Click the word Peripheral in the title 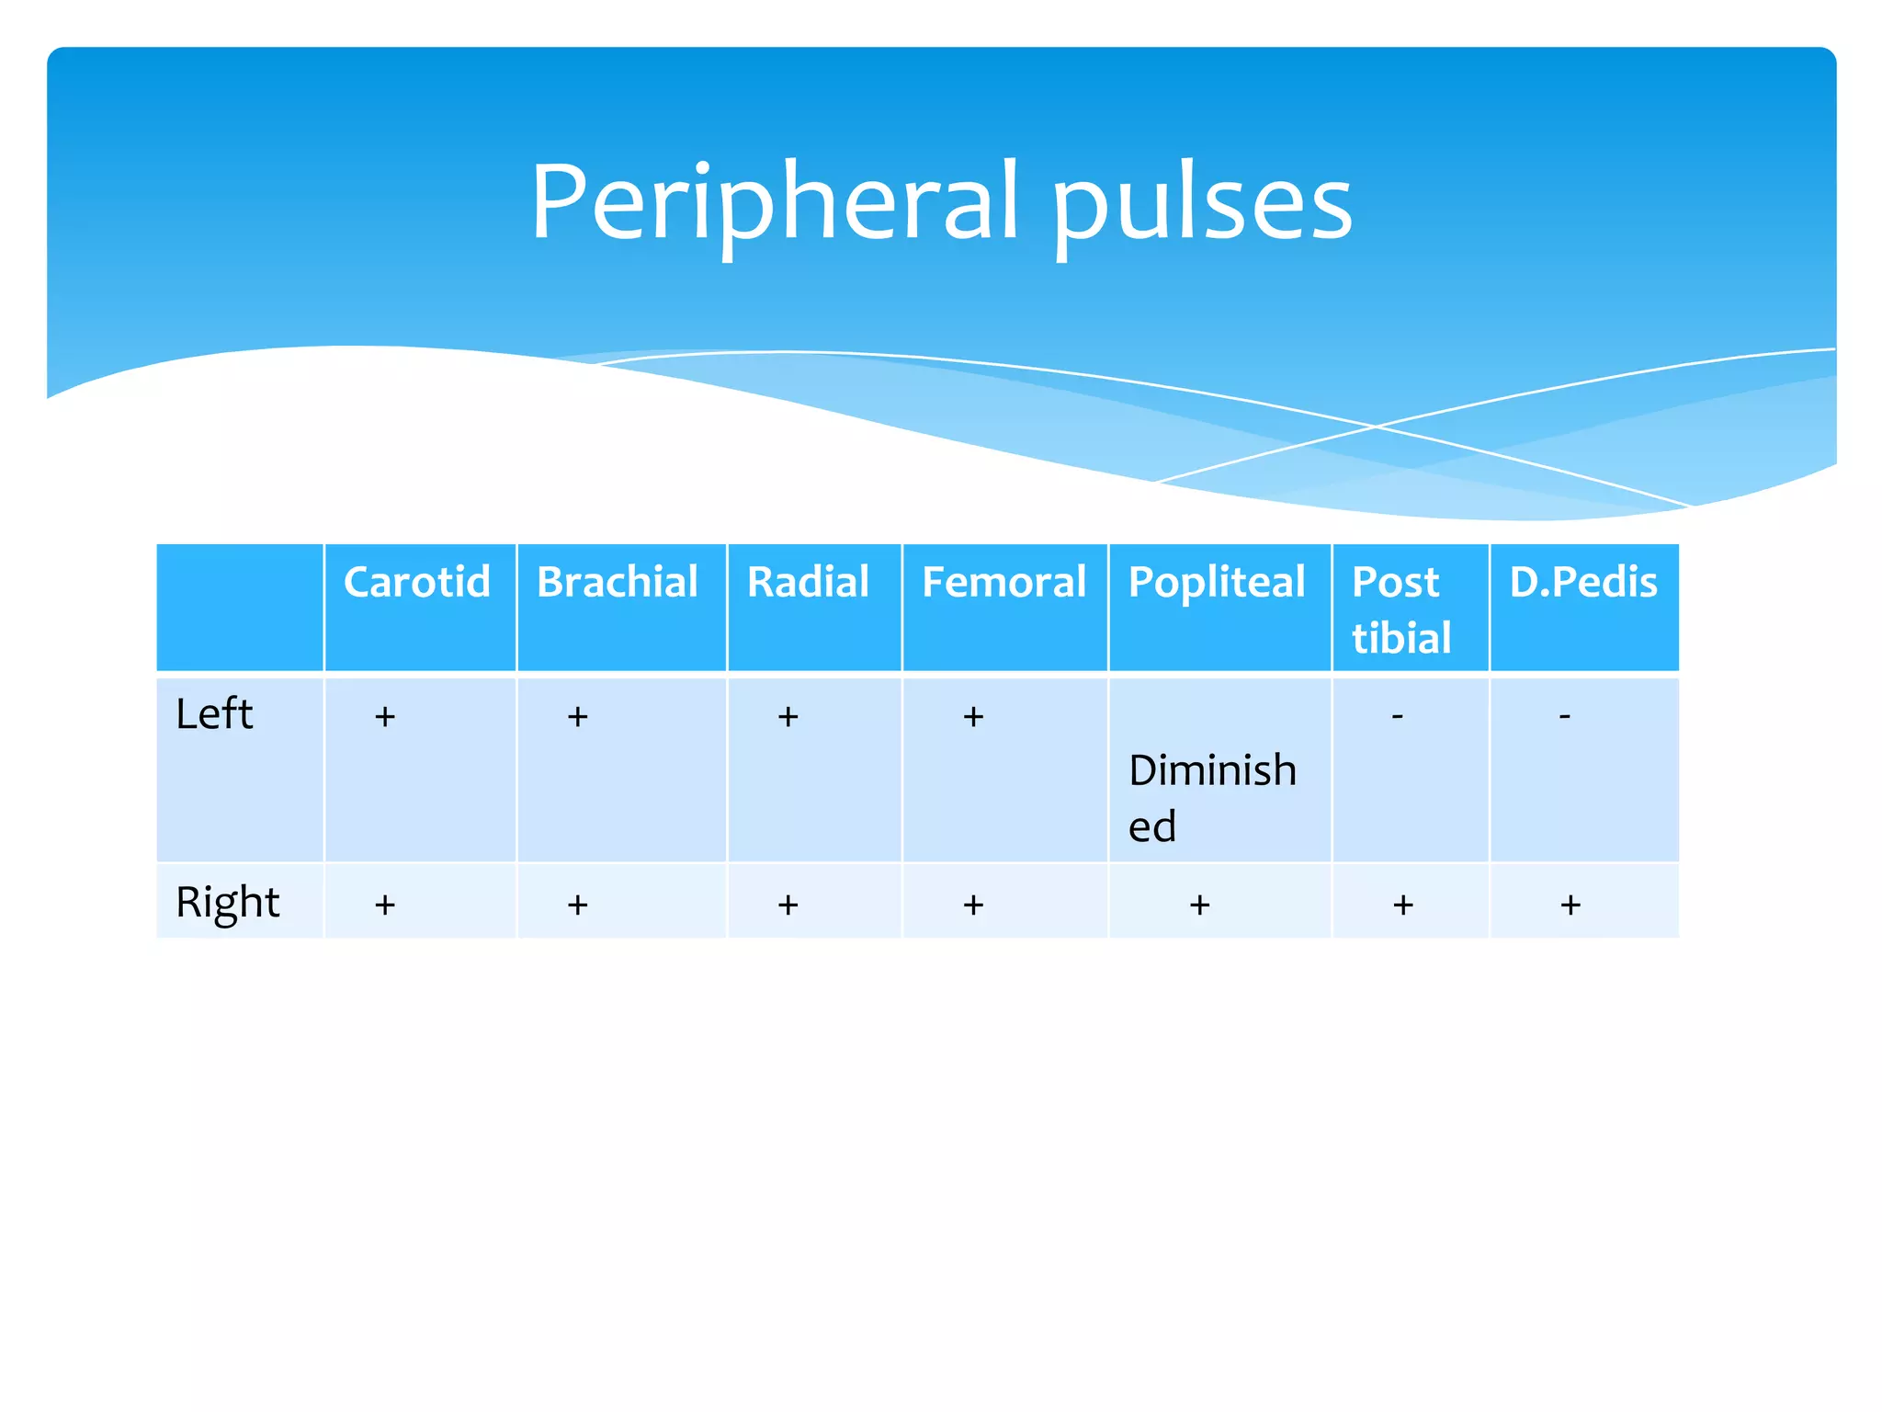(x=775, y=202)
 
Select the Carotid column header (x=416, y=582)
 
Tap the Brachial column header (x=618, y=582)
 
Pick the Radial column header (x=808, y=582)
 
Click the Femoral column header (x=1003, y=582)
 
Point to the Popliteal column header (x=1217, y=582)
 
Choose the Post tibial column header (x=1400, y=609)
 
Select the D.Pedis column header (x=1583, y=582)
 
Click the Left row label (x=214, y=714)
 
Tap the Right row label (x=227, y=902)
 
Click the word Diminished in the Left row (x=1211, y=796)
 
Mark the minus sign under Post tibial (x=1398, y=715)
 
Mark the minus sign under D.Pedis (x=1565, y=715)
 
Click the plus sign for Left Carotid (x=385, y=717)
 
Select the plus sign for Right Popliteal (x=1199, y=905)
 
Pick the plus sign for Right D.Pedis (x=1570, y=905)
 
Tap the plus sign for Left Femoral (x=973, y=717)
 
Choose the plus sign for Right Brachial (x=577, y=905)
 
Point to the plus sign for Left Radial (x=788, y=717)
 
